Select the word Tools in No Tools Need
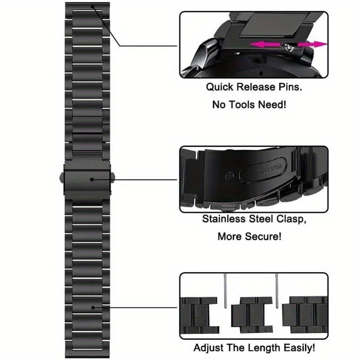coord(243,105)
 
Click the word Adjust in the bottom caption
coord(210,348)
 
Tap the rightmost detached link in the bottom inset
coord(306,310)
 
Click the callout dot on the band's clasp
coord(92,179)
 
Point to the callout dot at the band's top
coord(92,7)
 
